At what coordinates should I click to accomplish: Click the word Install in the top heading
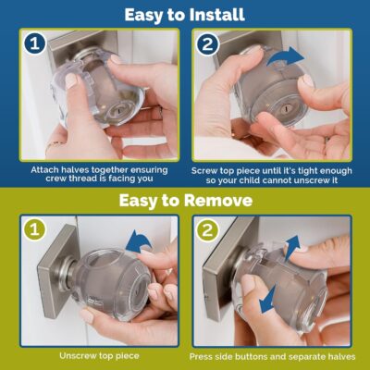point(218,14)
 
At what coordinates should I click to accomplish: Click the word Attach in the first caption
point(48,169)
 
